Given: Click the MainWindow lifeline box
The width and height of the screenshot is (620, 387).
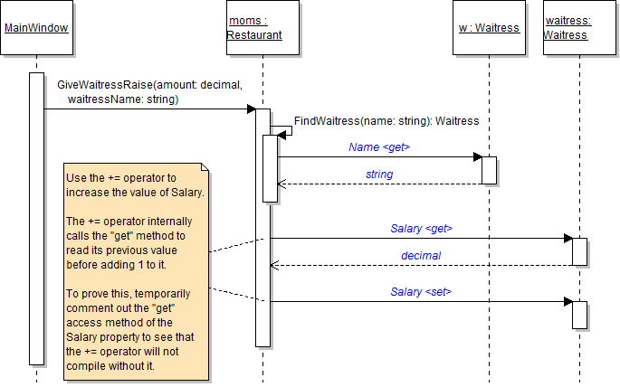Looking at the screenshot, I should tap(36, 28).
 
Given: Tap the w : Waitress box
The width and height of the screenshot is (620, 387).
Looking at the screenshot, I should tap(489, 28).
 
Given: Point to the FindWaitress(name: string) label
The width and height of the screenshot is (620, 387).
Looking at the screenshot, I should tap(386, 120).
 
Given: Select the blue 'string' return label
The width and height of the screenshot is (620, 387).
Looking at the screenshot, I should tap(379, 174).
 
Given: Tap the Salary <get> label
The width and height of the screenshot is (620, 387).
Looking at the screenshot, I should tap(421, 228).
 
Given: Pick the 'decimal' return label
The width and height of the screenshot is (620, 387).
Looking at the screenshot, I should tap(421, 256).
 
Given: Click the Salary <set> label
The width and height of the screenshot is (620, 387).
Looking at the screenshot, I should tap(421, 291).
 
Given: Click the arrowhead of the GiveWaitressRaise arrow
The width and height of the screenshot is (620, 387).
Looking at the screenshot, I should tap(252, 109).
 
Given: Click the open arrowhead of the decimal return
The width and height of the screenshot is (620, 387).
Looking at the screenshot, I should tap(275, 266).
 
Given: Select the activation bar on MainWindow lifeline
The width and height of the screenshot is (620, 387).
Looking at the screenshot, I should tap(36, 217).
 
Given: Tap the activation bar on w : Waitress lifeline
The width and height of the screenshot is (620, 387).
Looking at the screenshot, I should tap(489, 170).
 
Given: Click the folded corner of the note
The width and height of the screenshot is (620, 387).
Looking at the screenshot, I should tap(205, 168).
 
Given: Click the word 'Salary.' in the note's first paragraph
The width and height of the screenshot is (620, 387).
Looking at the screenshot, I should tap(186, 193).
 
